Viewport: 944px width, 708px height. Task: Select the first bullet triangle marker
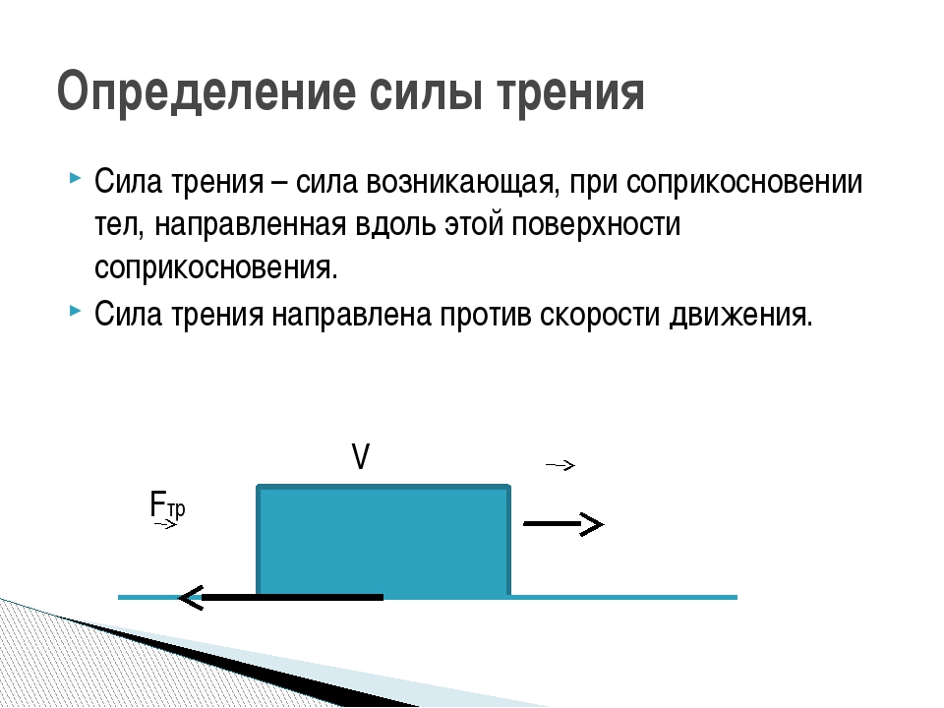(x=75, y=178)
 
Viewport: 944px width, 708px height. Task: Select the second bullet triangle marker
(x=75, y=311)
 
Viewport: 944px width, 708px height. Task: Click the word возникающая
(x=459, y=183)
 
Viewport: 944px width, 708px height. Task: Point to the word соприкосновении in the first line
(x=744, y=183)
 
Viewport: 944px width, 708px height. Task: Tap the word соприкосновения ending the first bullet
(x=216, y=267)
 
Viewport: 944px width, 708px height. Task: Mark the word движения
(x=741, y=315)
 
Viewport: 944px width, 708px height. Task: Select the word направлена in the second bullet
(x=352, y=315)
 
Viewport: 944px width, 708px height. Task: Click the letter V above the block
(x=360, y=457)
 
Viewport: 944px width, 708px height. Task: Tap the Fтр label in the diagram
(x=167, y=504)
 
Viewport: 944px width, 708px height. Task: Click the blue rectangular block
(x=383, y=540)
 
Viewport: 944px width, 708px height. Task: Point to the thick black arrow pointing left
(x=280, y=597)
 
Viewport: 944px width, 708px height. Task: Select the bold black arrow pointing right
(x=562, y=524)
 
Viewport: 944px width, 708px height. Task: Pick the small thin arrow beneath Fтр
(x=165, y=525)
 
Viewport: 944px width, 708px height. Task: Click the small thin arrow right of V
(x=560, y=465)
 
